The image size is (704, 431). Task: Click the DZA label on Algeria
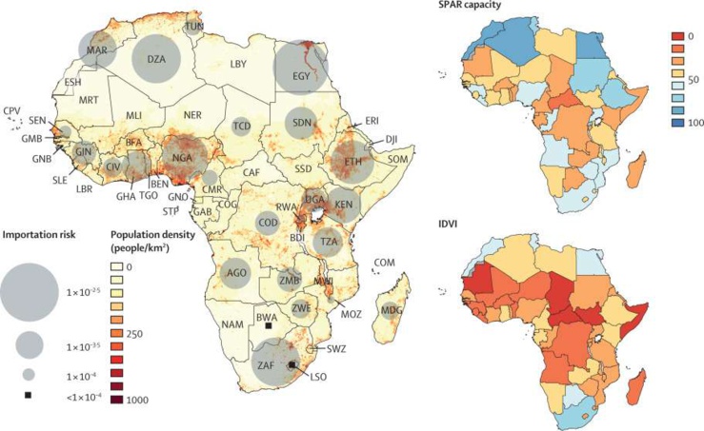click(157, 59)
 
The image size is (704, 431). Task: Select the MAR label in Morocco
click(96, 49)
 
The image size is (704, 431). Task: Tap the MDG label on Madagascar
click(391, 310)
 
